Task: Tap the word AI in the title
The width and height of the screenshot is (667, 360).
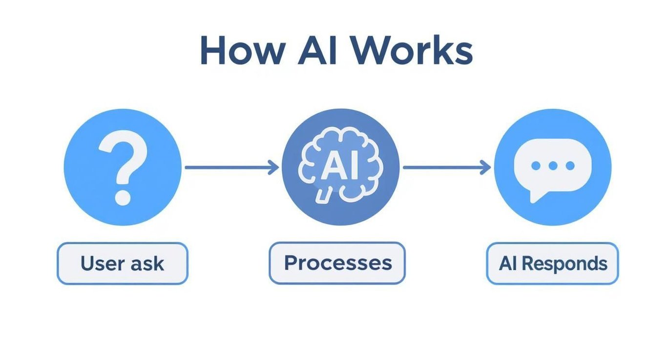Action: click(x=317, y=50)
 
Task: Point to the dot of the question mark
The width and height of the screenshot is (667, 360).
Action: click(x=123, y=197)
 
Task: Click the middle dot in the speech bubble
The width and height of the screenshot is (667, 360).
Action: click(x=553, y=166)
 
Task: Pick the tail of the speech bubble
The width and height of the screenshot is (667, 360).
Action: click(x=536, y=197)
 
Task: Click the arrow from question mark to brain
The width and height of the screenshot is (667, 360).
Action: click(x=231, y=168)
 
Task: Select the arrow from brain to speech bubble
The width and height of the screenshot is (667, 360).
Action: click(x=447, y=168)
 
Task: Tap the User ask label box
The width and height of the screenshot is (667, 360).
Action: click(x=123, y=263)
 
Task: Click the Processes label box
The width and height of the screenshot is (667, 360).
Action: click(x=337, y=263)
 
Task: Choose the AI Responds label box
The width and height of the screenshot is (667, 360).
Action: click(x=553, y=263)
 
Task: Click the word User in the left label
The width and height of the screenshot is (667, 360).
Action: click(x=103, y=263)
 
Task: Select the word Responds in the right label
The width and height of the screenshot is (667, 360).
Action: click(x=564, y=264)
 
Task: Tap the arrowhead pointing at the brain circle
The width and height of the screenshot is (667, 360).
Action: click(x=273, y=168)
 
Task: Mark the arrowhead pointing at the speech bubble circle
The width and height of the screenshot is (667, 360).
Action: click(x=485, y=168)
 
